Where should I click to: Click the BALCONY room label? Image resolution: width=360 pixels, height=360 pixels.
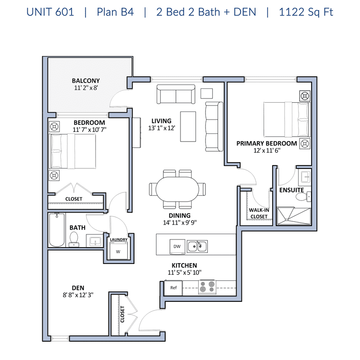tap(86, 81)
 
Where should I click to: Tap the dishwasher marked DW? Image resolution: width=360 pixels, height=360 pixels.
tap(177, 247)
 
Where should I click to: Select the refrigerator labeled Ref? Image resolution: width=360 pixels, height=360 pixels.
tap(173, 288)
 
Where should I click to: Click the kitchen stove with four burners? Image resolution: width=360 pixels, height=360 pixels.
tap(207, 287)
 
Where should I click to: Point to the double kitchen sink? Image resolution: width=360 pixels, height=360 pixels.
tap(197, 246)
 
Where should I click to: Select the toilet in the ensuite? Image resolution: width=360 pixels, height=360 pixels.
tap(303, 197)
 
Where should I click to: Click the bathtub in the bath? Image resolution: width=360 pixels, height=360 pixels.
tap(57, 229)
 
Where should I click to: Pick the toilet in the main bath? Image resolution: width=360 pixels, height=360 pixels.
tap(74, 239)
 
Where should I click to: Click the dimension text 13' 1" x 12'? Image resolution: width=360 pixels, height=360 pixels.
tap(162, 128)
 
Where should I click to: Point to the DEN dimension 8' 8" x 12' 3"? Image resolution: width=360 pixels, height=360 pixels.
tap(78, 295)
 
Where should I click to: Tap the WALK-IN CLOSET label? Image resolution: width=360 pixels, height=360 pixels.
tap(259, 213)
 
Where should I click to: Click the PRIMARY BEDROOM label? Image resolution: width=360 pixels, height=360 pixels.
tap(267, 144)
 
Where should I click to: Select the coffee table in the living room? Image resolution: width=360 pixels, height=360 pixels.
tap(188, 127)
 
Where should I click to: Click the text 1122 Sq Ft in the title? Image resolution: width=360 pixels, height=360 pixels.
tap(306, 12)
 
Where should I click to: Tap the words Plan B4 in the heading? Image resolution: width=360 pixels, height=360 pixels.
tap(115, 12)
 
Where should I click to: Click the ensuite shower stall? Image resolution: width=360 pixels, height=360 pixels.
tap(294, 216)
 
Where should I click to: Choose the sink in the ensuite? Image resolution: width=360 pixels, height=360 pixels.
tap(305, 177)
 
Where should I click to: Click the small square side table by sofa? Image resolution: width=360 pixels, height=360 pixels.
tap(206, 94)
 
